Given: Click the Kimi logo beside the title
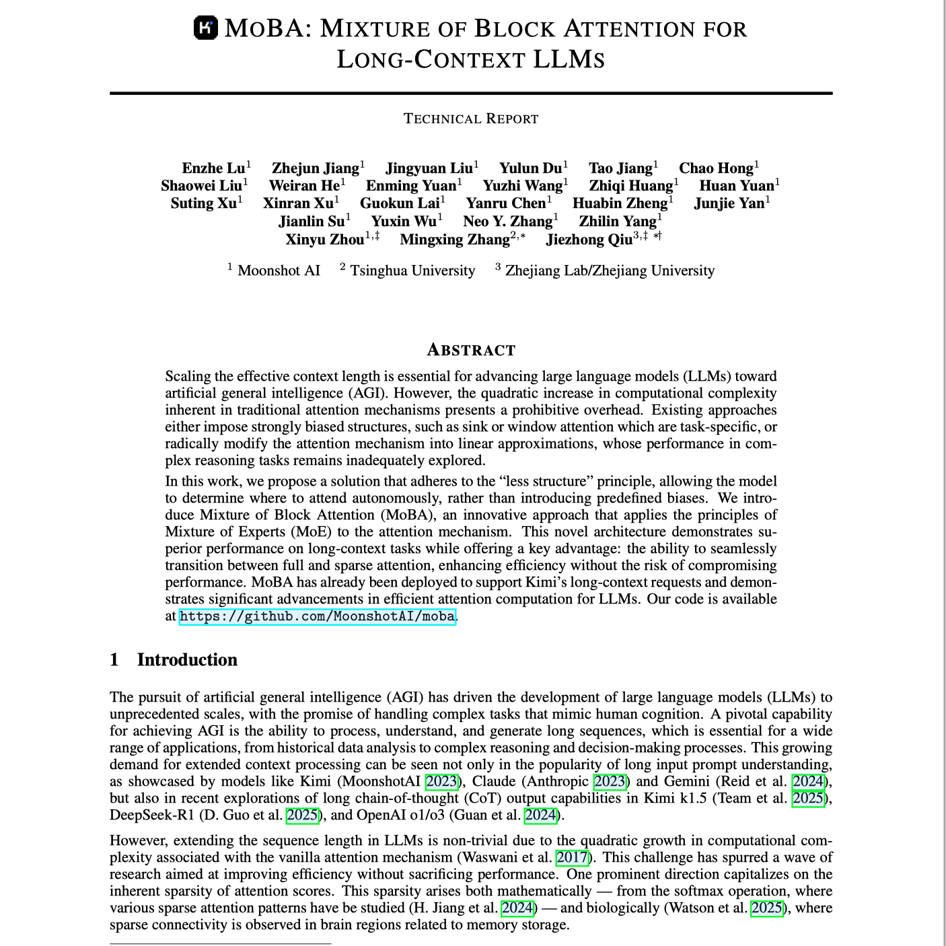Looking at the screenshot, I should click(x=206, y=28).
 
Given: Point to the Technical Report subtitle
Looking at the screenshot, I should click(x=471, y=119).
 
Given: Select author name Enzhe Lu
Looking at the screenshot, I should click(x=213, y=168).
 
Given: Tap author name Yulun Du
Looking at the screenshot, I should click(x=530, y=168).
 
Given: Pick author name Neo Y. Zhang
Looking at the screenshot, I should click(x=507, y=221).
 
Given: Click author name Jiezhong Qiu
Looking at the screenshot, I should click(x=589, y=240).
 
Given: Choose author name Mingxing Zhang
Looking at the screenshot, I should click(x=455, y=240).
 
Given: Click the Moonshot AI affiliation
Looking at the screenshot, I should click(x=279, y=270).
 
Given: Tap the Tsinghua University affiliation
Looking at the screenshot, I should click(x=412, y=270).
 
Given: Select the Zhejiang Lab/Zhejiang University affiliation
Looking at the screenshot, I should click(x=610, y=270).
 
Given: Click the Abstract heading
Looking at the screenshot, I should click(x=471, y=351).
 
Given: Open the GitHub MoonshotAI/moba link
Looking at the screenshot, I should click(x=318, y=616).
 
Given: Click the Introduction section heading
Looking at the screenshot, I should click(x=187, y=659).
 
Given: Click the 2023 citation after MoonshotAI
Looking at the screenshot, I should click(x=441, y=781).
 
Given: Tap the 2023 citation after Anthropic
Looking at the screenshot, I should click(x=610, y=781).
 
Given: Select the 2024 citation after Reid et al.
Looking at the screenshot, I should click(x=808, y=781).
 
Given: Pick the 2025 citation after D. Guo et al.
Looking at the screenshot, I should click(x=302, y=815).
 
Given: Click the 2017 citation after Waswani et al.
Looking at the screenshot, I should click(x=572, y=857).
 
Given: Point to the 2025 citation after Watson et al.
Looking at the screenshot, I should click(x=767, y=908).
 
